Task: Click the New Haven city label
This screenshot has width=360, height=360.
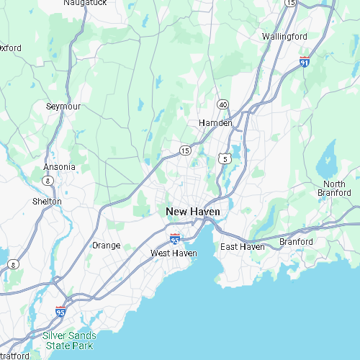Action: point(193,212)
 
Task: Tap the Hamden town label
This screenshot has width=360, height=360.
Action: point(215,123)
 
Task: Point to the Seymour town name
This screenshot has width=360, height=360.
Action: point(63,106)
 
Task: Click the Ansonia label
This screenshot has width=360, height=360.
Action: point(59,167)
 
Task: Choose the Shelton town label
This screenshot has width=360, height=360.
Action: point(47,202)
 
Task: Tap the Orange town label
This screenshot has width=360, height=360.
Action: point(106,246)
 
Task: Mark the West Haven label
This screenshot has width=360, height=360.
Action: point(174,253)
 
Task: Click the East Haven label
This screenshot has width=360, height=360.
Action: point(243,247)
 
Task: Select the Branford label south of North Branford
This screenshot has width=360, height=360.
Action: point(297,241)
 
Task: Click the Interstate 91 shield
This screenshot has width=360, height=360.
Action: point(305,63)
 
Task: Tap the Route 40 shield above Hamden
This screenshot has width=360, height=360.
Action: point(223,105)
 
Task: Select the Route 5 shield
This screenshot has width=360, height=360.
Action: point(225,158)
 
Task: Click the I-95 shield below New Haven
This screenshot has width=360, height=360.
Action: point(175,238)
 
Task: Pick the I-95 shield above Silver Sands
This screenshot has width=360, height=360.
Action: point(60,311)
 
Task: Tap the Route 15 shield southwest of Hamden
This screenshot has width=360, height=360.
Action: point(185,150)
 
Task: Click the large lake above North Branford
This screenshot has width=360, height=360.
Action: point(328,156)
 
